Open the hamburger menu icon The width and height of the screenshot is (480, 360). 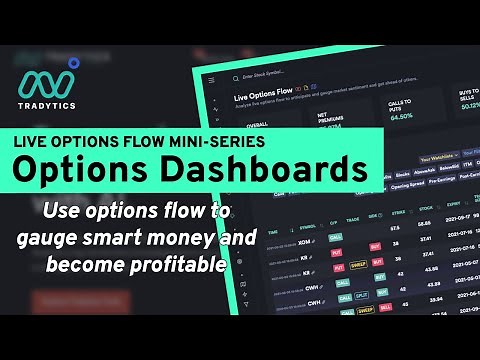point(210,79)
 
